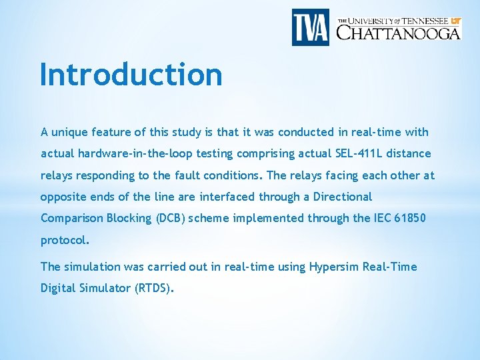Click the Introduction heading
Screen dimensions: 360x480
pos(131,74)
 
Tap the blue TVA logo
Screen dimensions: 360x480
pos(311,27)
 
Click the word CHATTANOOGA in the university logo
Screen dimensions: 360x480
pos(399,32)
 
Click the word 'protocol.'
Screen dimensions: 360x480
pos(65,240)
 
